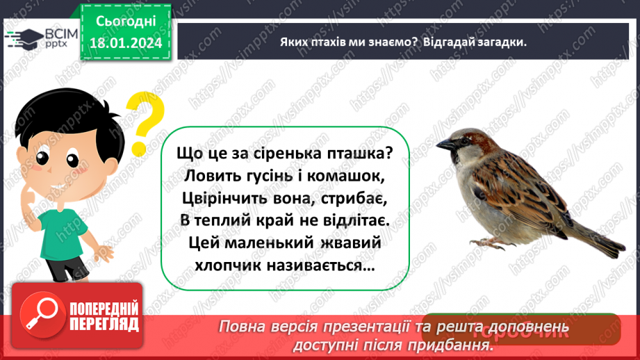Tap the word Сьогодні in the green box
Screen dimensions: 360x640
click(125, 24)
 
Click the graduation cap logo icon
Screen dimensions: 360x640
click(22, 38)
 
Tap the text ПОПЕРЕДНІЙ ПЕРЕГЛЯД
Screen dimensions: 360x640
click(104, 316)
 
